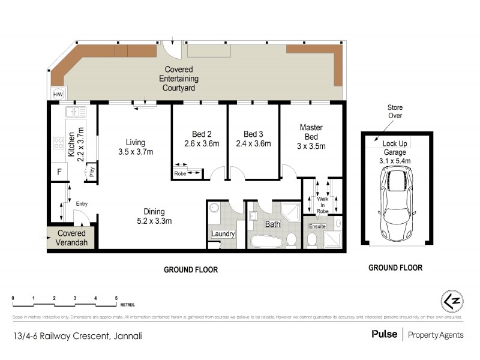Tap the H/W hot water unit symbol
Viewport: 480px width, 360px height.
[x=58, y=95]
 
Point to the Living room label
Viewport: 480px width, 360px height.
[x=136, y=142]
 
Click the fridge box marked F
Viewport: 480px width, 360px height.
[x=58, y=171]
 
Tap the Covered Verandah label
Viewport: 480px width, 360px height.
[x=71, y=237]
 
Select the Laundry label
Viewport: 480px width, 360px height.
[x=222, y=234]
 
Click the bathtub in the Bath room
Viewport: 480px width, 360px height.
[x=265, y=241]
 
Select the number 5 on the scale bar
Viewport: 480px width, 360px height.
[x=116, y=298]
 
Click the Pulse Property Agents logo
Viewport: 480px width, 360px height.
[x=417, y=334]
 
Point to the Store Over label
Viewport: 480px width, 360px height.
[x=394, y=111]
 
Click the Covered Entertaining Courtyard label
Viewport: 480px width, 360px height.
[x=178, y=79]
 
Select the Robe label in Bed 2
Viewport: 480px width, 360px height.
[x=180, y=173]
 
